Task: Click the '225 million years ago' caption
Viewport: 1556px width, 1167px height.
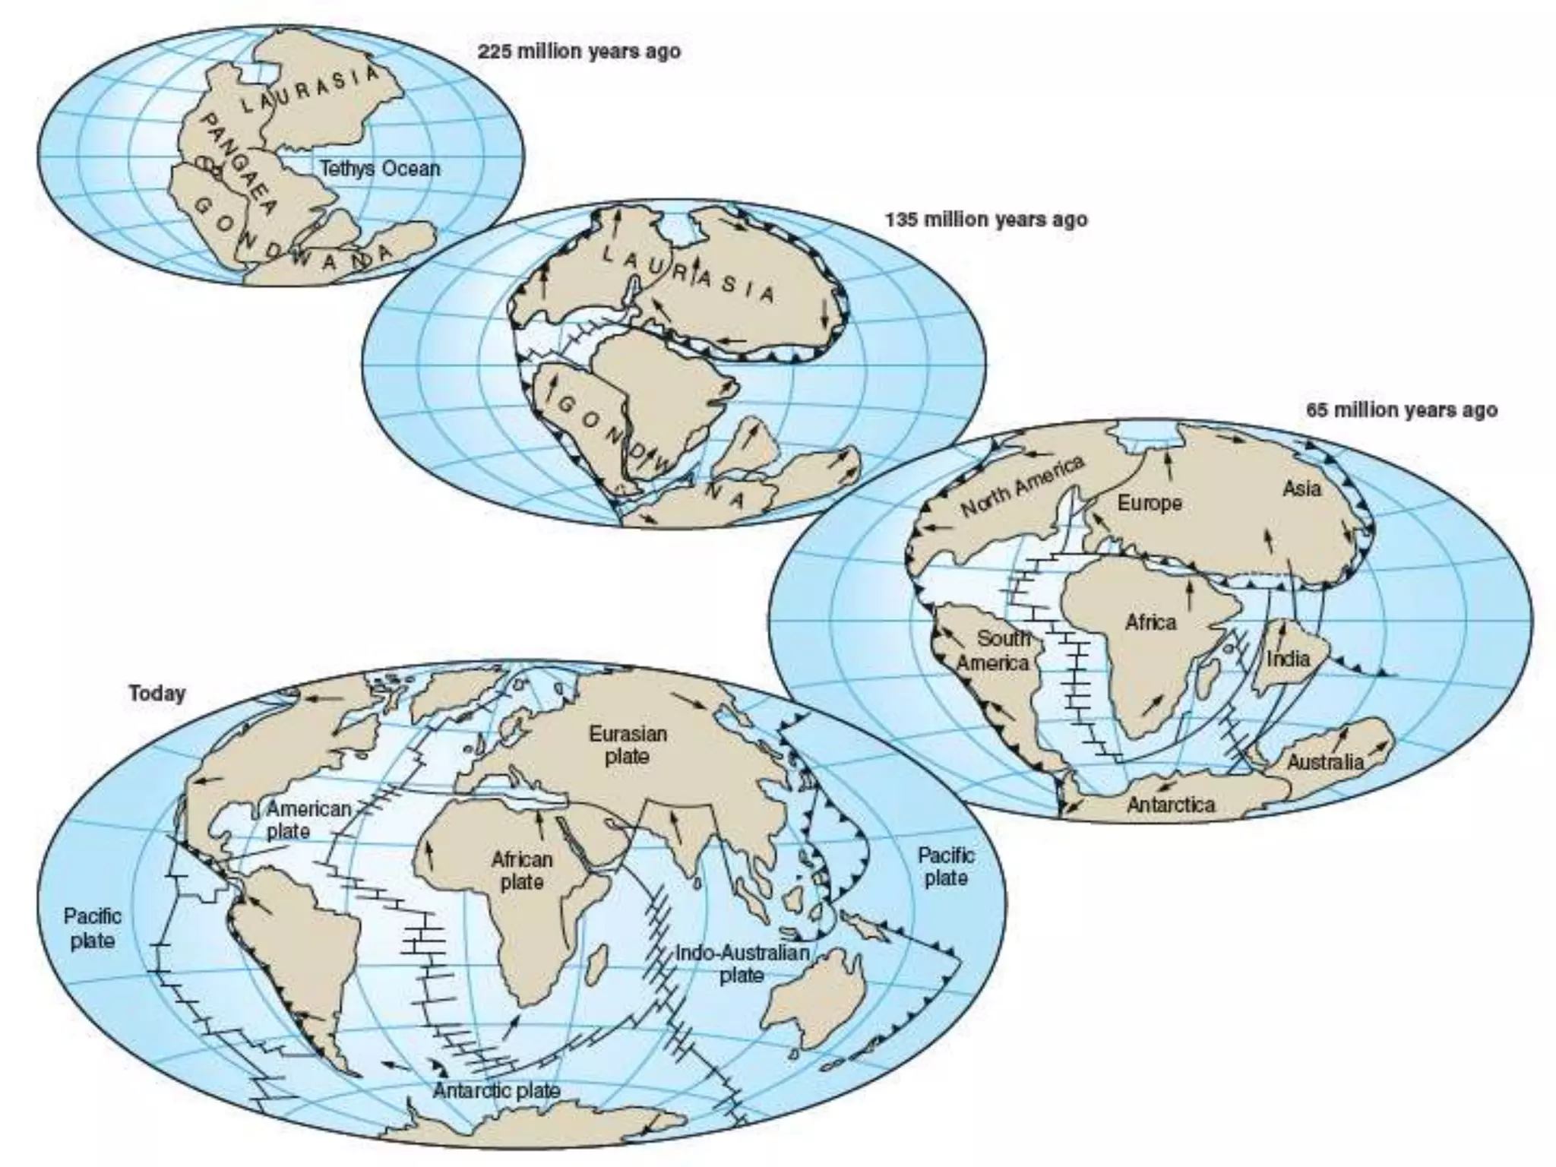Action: point(579,52)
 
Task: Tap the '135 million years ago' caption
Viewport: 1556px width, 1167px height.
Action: point(986,220)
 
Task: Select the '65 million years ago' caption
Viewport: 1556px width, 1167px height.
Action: point(1402,410)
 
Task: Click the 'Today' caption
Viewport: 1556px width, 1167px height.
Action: point(157,694)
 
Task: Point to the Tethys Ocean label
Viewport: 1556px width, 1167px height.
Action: point(379,169)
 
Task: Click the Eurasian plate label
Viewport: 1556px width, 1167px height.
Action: point(628,745)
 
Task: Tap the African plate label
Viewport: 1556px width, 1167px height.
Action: point(521,871)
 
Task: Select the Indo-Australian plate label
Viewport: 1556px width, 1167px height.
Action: point(742,963)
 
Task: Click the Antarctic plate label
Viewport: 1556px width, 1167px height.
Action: point(496,1091)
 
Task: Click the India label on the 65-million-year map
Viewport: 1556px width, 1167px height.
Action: point(1289,658)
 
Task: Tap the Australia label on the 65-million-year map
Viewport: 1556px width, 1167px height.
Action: point(1325,761)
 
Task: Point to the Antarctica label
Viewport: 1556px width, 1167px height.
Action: point(1171,805)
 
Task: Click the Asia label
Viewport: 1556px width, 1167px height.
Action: point(1301,489)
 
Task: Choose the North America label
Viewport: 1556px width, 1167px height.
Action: point(1022,486)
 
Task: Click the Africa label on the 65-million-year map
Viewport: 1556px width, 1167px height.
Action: point(1150,623)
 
